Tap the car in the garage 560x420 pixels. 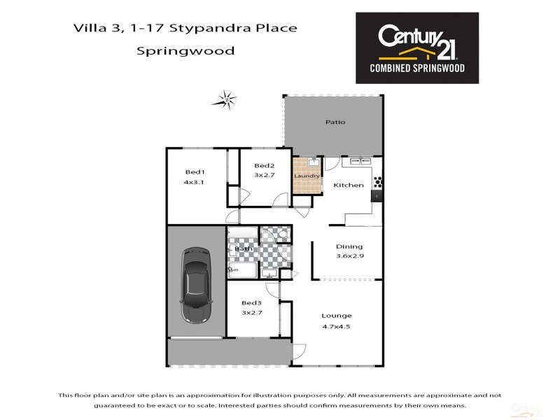pos(195,283)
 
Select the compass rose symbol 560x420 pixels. pos(225,99)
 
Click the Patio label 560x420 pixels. pos(335,122)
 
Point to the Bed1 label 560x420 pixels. pos(195,172)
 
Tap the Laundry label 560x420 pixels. pos(305,175)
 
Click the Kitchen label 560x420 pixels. pos(348,185)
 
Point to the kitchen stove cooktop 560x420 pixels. pos(379,181)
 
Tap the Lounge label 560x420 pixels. pos(337,315)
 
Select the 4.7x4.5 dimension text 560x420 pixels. pos(337,326)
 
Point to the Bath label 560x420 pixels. pos(243,248)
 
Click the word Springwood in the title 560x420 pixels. pos(185,51)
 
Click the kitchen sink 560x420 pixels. pos(360,160)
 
